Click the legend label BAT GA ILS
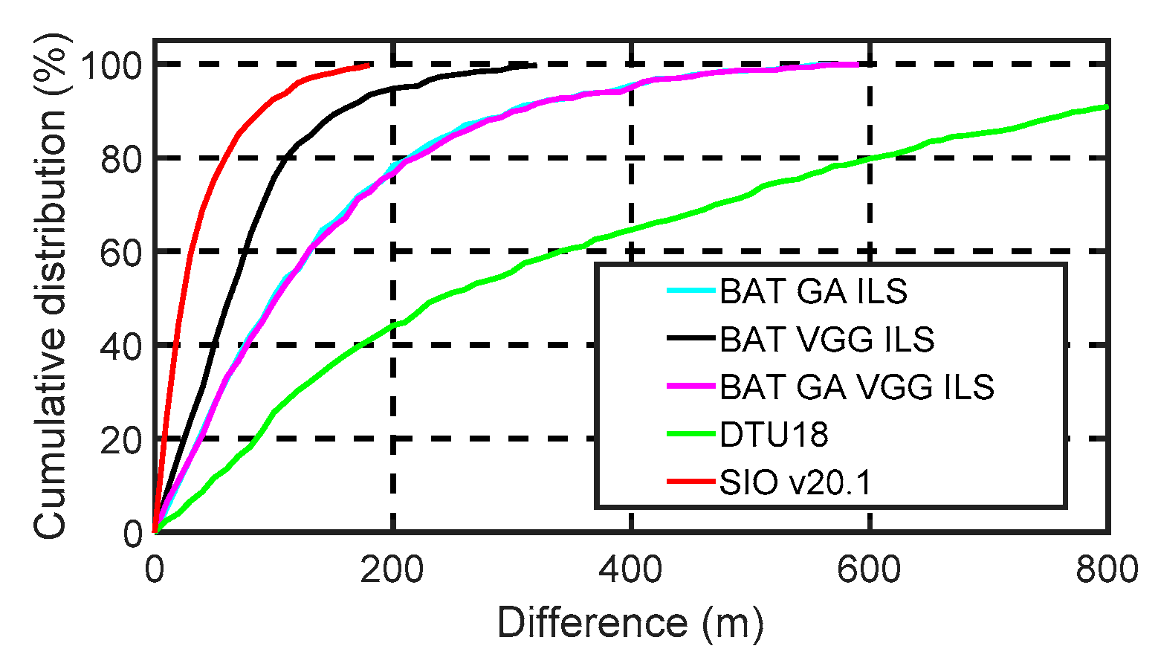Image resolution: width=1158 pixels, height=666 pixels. pos(813,292)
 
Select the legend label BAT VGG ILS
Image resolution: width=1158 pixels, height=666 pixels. pos(827,340)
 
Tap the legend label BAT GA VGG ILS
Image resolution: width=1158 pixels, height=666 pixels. pos(856,387)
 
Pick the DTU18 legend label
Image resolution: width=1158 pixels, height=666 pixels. pos(773,435)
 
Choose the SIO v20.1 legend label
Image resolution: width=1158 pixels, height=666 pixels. pos(795,483)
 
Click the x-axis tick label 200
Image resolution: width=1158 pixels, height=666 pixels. pos(392,571)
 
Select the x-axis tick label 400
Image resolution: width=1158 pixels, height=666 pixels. pos(631,571)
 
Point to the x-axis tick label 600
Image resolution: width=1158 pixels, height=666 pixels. pos(870,571)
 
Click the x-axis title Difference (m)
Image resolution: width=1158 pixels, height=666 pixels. pos(630,623)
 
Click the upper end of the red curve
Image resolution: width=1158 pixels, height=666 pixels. pos(369,65)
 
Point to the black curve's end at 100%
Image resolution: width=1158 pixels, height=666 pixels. pos(534,65)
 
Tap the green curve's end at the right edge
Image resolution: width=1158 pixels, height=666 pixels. pos(1107,107)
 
